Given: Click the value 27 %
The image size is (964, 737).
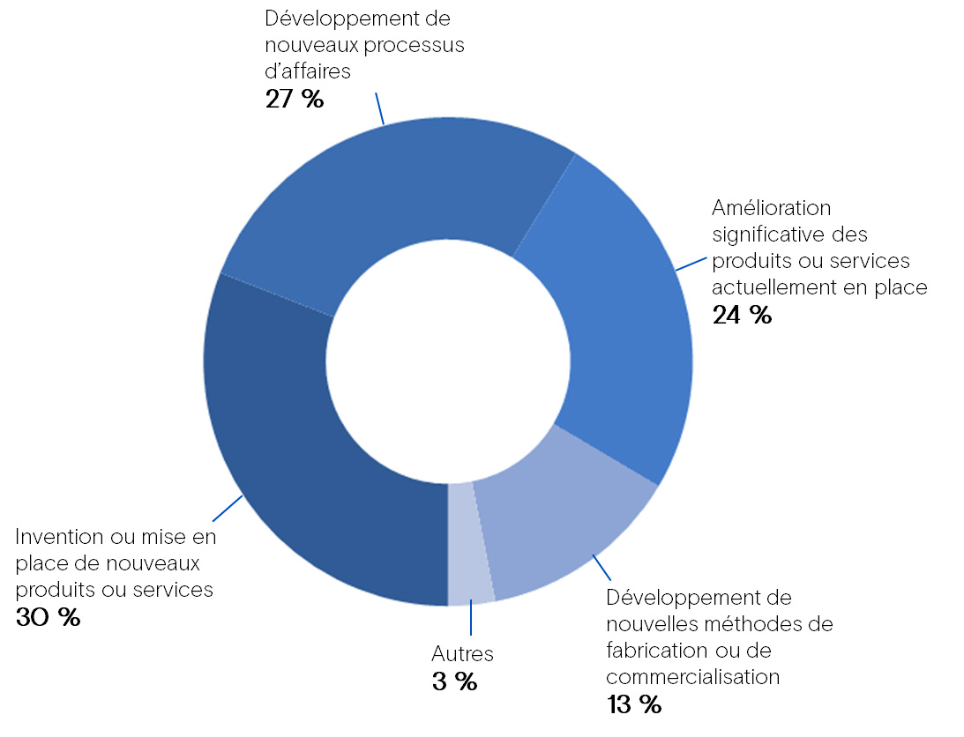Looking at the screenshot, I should click(x=295, y=99).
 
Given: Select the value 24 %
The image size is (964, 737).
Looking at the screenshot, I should click(x=742, y=315).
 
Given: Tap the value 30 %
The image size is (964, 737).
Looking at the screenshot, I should click(x=48, y=617).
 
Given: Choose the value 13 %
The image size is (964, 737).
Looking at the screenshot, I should click(x=633, y=704).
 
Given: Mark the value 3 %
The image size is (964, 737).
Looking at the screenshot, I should click(x=454, y=681).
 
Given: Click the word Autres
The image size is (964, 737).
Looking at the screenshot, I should click(x=462, y=654).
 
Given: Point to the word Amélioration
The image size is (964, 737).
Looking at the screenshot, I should click(x=772, y=208).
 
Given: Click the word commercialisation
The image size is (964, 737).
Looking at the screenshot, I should click(x=693, y=677).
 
